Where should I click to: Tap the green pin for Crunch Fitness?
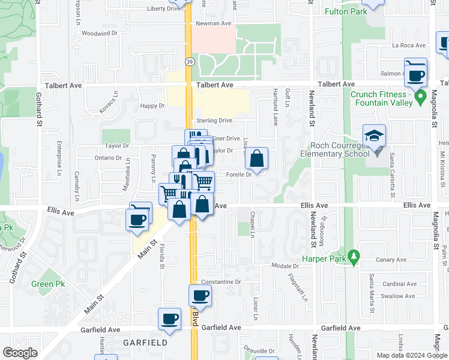click(420, 96)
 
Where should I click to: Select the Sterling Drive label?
click(214, 121)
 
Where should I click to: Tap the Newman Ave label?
click(214, 23)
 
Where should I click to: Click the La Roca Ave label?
click(408, 45)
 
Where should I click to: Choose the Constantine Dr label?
click(220, 281)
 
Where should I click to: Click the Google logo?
click(20, 353)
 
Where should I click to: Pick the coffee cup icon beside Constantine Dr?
click(200, 296)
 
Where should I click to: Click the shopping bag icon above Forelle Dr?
click(256, 160)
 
